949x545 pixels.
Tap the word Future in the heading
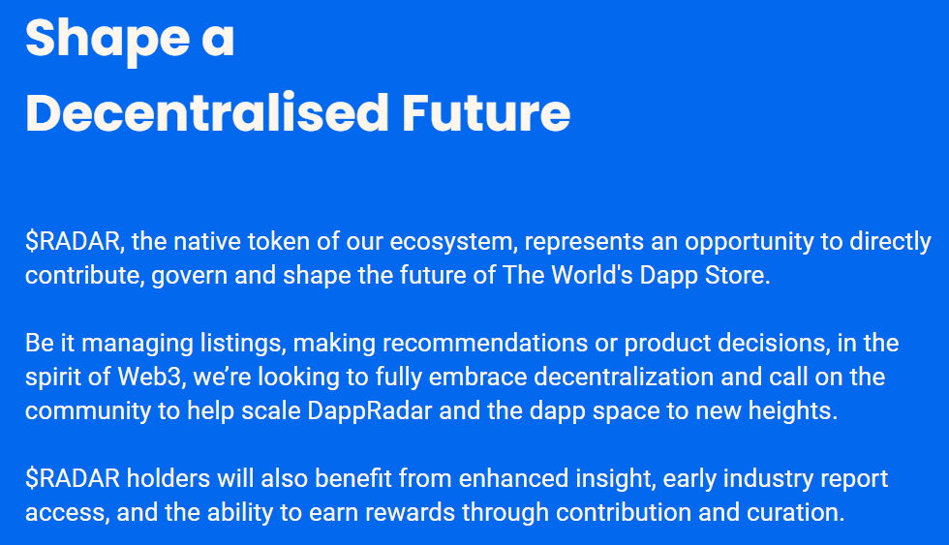click(x=486, y=112)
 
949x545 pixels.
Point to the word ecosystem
click(x=453, y=242)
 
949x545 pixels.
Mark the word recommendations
click(x=485, y=343)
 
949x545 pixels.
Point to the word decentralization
click(x=624, y=377)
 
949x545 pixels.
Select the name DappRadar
click(x=370, y=411)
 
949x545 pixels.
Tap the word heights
click(x=793, y=410)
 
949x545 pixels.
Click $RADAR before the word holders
click(x=73, y=478)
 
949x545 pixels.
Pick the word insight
click(x=616, y=479)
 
